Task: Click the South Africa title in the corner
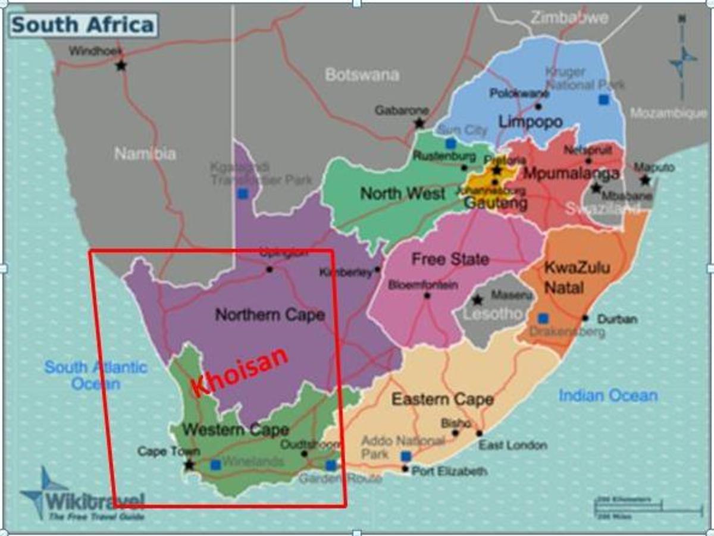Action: click(83, 24)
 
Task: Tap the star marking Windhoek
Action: click(121, 65)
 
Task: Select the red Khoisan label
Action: click(240, 371)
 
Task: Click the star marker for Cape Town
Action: click(189, 465)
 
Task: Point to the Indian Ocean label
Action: click(608, 395)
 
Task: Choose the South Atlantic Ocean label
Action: click(95, 375)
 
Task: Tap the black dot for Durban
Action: click(585, 318)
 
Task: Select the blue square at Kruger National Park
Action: click(604, 99)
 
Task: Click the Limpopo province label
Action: click(530, 122)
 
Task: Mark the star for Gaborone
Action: click(419, 123)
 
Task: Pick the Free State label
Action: click(450, 259)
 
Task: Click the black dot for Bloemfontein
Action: click(427, 296)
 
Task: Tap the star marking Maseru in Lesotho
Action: click(477, 300)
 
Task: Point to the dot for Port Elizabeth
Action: click(405, 469)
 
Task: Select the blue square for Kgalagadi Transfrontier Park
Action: click(242, 193)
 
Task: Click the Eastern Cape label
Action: click(442, 399)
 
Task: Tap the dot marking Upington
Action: click(269, 269)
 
